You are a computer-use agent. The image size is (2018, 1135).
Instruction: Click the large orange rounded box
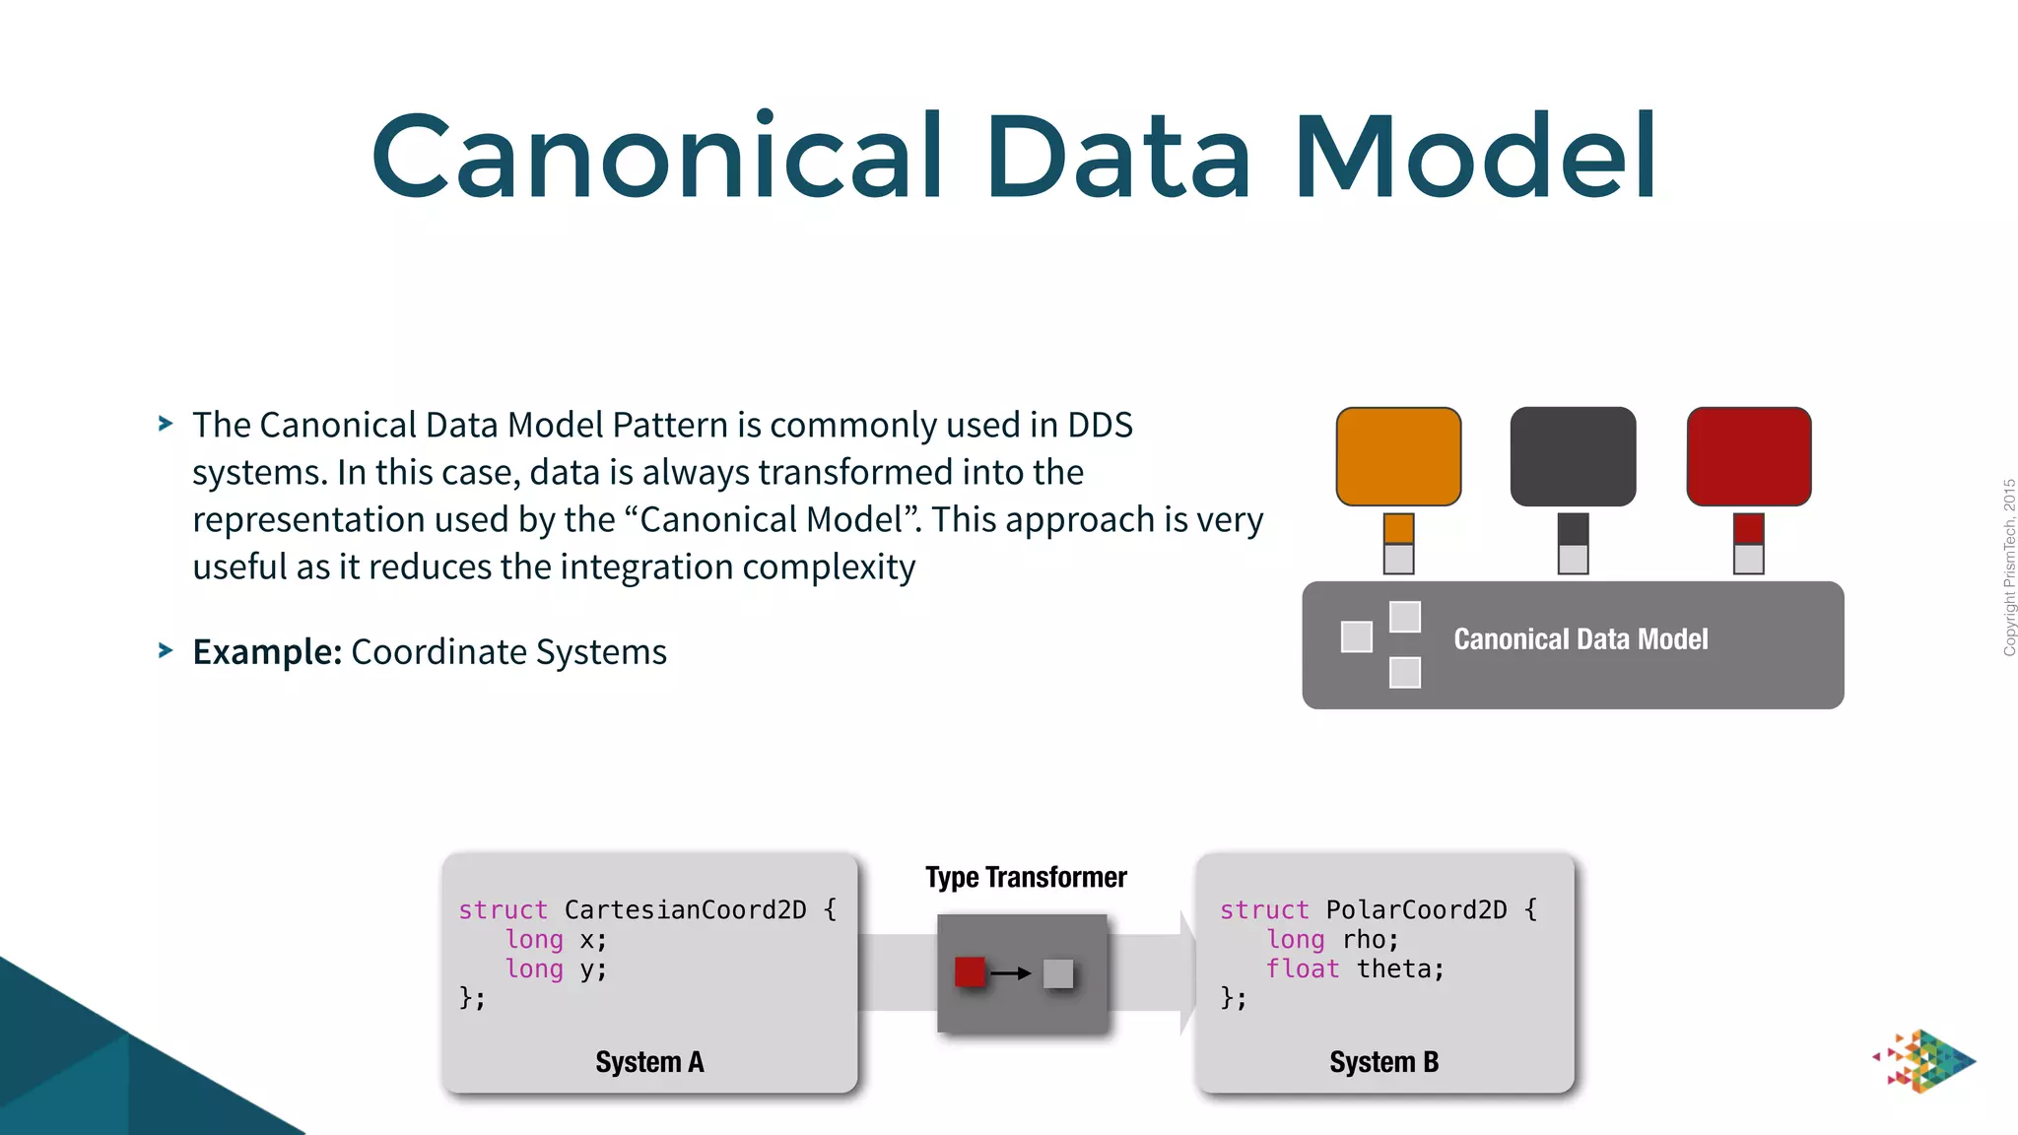tap(1398, 456)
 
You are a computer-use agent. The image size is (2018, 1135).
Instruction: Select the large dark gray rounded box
tap(1573, 456)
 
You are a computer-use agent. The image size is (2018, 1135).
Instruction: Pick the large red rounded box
tap(1748, 456)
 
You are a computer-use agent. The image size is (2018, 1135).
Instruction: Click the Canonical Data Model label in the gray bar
tap(1581, 639)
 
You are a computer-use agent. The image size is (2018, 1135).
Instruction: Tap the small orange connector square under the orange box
tap(1398, 528)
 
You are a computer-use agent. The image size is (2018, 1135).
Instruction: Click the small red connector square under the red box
tap(1748, 528)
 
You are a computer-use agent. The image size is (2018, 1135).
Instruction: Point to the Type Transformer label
tap(1026, 877)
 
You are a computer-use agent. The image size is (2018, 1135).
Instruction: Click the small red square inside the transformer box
tap(970, 972)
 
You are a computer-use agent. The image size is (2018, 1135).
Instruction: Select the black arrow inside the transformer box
tap(1010, 973)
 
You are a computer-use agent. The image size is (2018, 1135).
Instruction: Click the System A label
tap(649, 1062)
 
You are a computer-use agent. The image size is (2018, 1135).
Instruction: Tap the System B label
tap(1383, 1062)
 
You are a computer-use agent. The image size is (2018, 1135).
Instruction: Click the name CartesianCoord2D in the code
tap(685, 909)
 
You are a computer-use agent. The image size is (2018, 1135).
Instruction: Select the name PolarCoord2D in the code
tap(1416, 909)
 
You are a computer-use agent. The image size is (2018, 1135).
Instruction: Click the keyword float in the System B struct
tap(1302, 969)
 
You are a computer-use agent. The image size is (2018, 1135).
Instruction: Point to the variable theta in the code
tap(1399, 969)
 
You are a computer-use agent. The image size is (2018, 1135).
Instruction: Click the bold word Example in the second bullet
tap(267, 652)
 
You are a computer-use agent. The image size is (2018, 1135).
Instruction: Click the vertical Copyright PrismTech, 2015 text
tap(2009, 567)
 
